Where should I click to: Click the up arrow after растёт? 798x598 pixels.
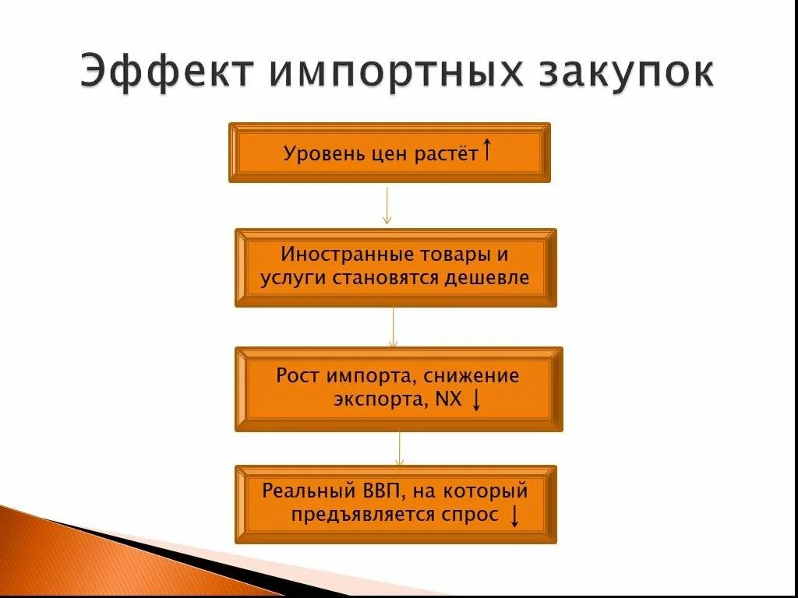click(x=487, y=149)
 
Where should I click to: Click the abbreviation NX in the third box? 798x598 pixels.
click(x=450, y=400)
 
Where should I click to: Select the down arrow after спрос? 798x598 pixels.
click(x=514, y=515)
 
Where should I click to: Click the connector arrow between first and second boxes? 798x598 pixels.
click(x=387, y=206)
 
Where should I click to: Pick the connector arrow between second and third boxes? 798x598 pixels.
click(x=394, y=327)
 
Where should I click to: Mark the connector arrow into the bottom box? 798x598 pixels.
click(x=399, y=448)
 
